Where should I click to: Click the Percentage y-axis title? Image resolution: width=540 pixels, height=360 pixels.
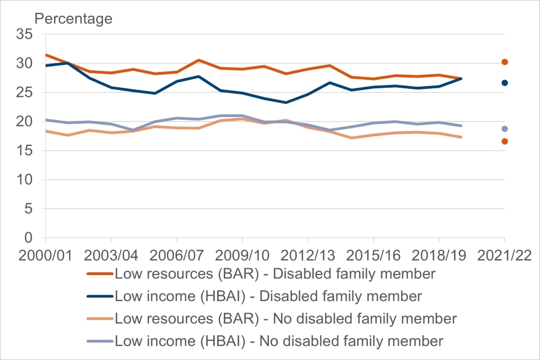coord(74,19)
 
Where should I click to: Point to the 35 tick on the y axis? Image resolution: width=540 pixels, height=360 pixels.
coord(25,34)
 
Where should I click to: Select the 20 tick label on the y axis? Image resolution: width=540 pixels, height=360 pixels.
coord(25,121)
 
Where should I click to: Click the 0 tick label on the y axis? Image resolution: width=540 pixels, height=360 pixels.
coord(29,238)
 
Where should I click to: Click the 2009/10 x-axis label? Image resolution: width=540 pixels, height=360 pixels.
coord(242,254)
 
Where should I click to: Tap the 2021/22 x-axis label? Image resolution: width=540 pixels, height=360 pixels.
coord(505,254)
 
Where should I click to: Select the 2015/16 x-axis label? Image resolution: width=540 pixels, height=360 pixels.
coord(373,254)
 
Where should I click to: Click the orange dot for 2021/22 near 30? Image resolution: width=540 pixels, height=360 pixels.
coord(505,62)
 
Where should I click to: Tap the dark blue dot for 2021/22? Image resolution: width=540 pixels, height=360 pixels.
coord(505,83)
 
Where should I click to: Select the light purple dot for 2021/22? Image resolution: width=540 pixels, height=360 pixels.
coord(505,129)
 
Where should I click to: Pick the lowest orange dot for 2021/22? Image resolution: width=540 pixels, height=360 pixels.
coord(505,141)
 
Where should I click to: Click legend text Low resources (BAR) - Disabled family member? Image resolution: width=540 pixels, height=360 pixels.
coord(275,274)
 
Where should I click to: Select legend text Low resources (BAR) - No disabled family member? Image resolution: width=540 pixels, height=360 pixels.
coord(286,318)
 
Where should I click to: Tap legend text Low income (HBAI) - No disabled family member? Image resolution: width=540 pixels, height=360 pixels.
coord(279,340)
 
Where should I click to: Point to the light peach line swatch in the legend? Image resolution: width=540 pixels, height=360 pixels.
coord(100,318)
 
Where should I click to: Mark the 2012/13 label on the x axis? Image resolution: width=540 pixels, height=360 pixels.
coord(308,254)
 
